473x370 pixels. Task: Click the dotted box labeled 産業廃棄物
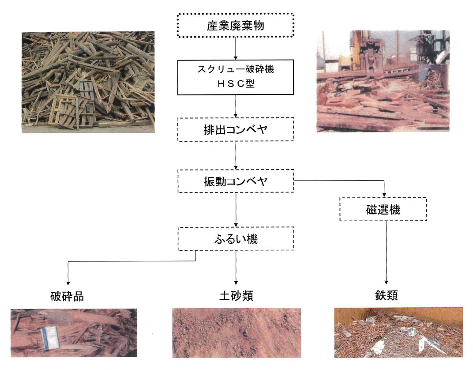click(235, 25)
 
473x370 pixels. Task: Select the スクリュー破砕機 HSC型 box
click(235, 77)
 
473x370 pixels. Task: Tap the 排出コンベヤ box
click(236, 129)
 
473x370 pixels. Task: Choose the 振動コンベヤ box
click(236, 181)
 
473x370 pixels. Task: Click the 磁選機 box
click(383, 209)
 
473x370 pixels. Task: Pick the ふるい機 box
click(236, 239)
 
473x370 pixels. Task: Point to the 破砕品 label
click(67, 296)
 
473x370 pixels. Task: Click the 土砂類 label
click(236, 296)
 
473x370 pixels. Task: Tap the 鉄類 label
click(387, 295)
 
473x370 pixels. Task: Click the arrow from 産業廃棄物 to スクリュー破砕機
click(236, 49)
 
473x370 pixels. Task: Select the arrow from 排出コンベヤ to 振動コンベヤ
click(236, 155)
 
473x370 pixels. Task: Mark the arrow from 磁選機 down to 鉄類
click(386, 253)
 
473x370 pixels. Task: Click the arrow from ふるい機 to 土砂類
click(236, 268)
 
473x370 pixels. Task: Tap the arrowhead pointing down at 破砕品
click(68, 283)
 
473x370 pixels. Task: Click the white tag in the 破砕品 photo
click(50, 338)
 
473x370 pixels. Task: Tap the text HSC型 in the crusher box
click(236, 83)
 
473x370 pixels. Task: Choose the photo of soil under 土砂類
click(236, 333)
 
